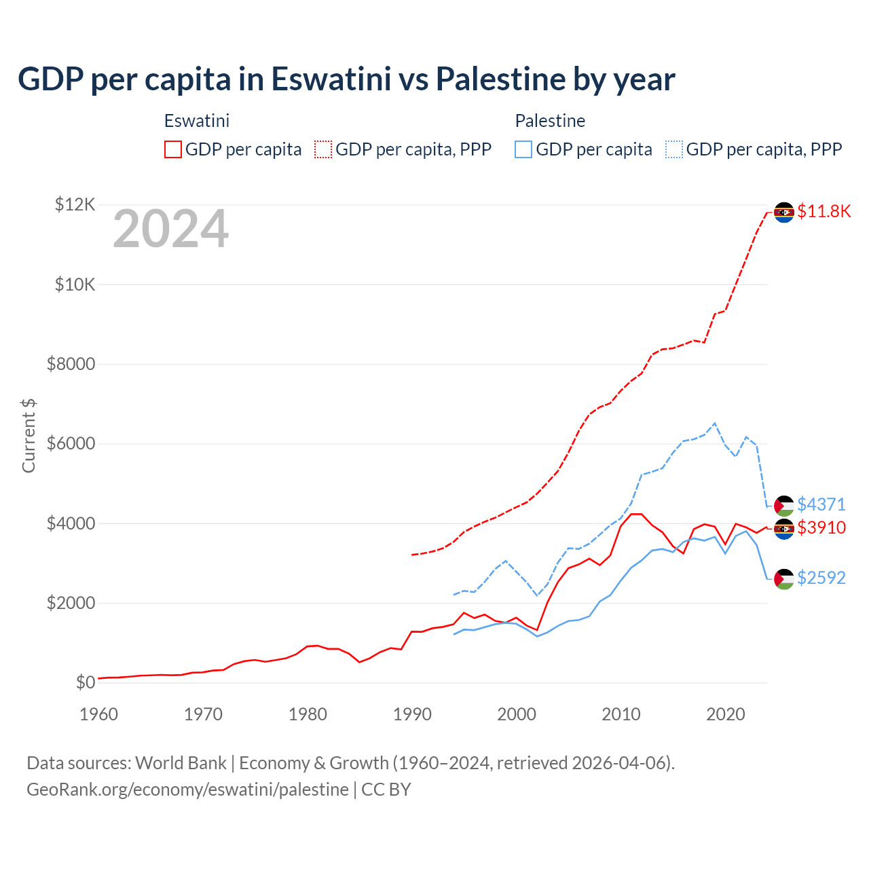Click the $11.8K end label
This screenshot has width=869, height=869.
pos(824,211)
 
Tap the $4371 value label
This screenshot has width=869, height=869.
pos(821,504)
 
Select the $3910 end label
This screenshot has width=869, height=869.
pos(821,528)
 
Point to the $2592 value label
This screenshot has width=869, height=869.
pos(821,578)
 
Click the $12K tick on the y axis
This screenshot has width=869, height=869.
pos(75,204)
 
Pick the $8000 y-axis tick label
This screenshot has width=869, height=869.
pos(71,364)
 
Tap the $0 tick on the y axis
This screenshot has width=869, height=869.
pos(85,682)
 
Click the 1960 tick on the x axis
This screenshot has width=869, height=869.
pos(98,714)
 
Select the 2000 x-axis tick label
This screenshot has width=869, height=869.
pos(517,714)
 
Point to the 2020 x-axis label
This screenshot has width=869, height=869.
pos(726,714)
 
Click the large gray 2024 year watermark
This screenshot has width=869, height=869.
pos(170,229)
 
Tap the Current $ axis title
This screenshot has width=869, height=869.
pos(29,435)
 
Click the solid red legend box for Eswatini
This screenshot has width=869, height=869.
pos(173,149)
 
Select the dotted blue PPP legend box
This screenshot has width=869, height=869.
pos(674,149)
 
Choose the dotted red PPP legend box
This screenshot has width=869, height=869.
pos(323,149)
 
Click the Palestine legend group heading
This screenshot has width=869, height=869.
pos(550,121)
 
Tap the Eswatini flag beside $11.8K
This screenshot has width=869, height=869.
pos(784,212)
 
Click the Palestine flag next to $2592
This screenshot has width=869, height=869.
pos(784,578)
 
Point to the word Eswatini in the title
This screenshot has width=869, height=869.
pos(331,79)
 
